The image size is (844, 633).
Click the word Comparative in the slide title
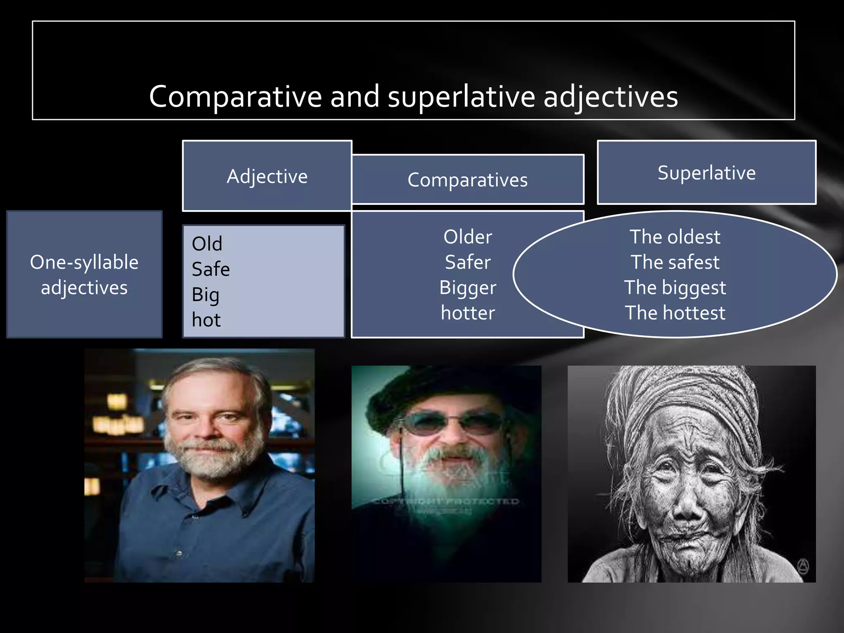coord(235,97)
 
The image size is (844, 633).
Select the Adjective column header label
coord(267,177)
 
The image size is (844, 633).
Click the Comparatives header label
coord(467,180)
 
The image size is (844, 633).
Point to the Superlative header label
coord(706,173)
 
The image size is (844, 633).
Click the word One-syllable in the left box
coord(84,263)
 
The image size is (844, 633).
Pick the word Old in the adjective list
coord(207,244)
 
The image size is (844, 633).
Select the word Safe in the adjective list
coord(211,270)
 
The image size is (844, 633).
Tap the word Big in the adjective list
coord(205,295)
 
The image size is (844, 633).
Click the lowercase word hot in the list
coord(206,320)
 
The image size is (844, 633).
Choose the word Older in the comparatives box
coord(468,237)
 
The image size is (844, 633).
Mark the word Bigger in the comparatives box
coord(468,288)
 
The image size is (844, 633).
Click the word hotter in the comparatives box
coord(468,313)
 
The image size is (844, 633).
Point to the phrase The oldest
coord(675,237)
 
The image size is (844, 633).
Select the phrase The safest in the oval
coord(675,263)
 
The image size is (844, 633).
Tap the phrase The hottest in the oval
coord(675,313)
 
